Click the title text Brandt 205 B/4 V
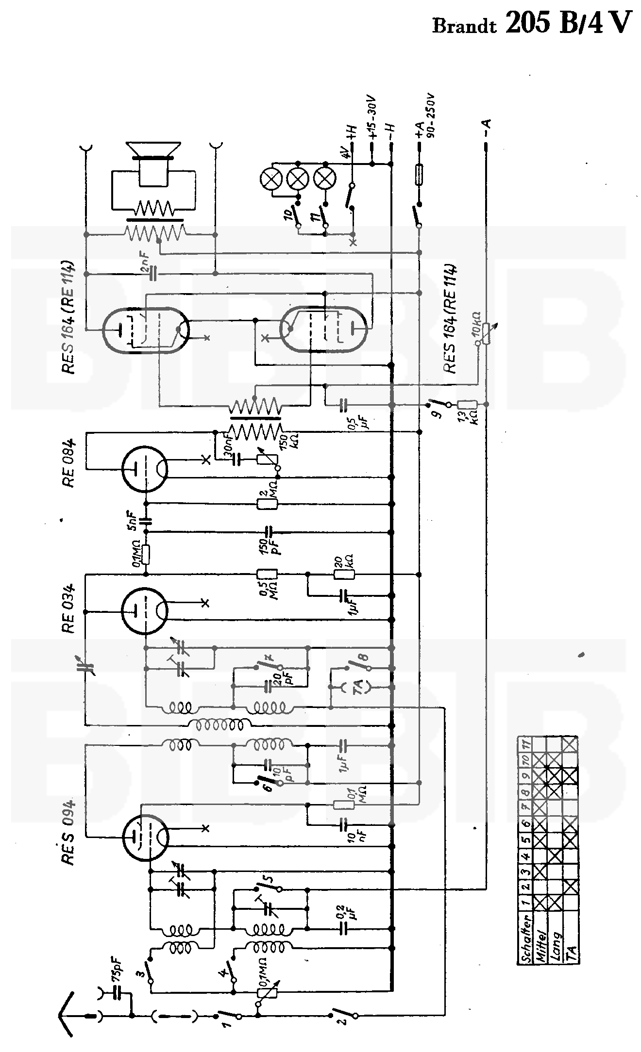pos(532,23)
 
